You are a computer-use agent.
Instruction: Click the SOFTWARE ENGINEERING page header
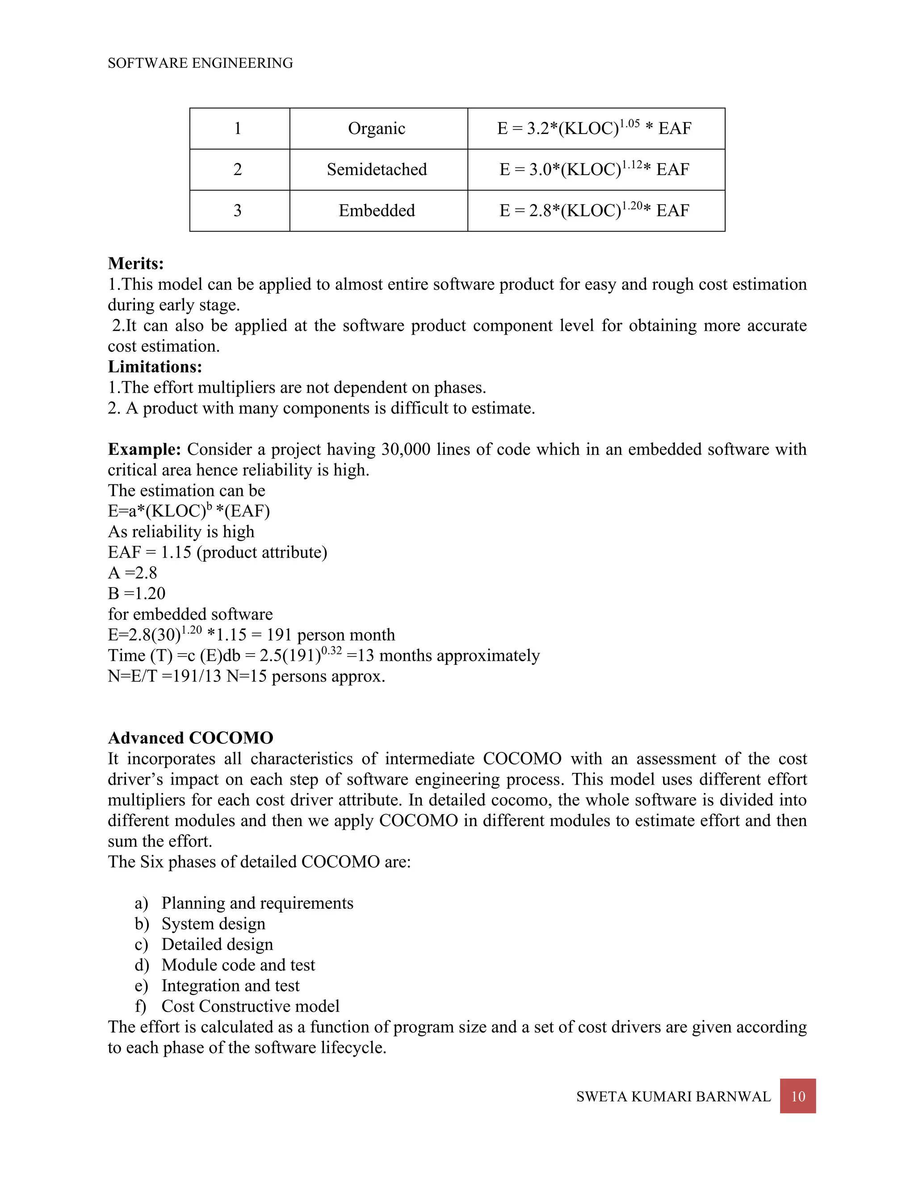pos(200,63)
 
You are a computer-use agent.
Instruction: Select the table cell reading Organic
pos(376,129)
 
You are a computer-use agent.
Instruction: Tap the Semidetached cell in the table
pos(376,170)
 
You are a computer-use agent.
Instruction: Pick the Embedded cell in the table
pos(376,210)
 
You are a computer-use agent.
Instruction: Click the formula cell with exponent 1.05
pos(594,129)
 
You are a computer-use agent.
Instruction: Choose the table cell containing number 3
pos(237,210)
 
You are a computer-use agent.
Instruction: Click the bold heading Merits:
pos(135,264)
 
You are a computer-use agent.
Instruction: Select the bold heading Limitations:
pos(155,367)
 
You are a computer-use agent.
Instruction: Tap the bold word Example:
pos(144,449)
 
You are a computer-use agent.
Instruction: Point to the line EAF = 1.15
pos(217,552)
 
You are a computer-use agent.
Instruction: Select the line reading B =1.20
pos(137,594)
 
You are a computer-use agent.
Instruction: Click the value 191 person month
pos(330,635)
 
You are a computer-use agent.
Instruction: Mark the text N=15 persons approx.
pos(306,676)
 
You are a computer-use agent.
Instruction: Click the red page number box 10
pos(797,1096)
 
